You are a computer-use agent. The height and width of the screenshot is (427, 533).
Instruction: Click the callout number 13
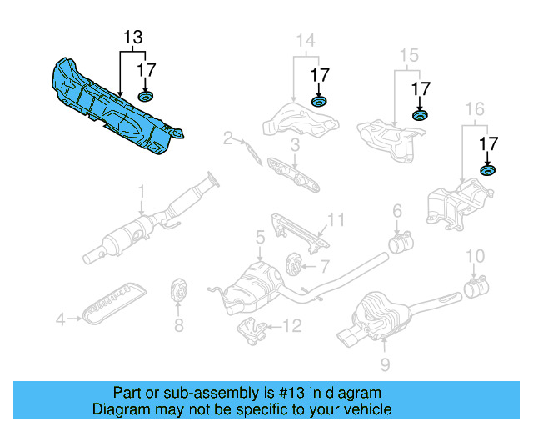tap(133, 38)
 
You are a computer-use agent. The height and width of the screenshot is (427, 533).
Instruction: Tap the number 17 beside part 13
tap(147, 70)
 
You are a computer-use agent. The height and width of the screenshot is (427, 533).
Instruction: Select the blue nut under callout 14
tap(319, 102)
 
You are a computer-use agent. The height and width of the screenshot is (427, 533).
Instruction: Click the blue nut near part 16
tap(487, 171)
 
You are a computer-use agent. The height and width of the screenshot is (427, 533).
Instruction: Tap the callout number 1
tap(141, 190)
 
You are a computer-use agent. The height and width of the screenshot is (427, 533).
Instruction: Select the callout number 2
tap(227, 139)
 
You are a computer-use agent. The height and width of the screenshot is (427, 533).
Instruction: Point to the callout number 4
tap(60, 318)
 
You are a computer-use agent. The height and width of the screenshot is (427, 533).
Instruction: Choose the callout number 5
tap(260, 238)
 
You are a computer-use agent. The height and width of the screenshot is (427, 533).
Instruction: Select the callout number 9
tap(384, 364)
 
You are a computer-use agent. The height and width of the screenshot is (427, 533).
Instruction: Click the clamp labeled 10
tap(476, 289)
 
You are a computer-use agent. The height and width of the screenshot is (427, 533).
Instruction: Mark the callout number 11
tap(335, 220)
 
